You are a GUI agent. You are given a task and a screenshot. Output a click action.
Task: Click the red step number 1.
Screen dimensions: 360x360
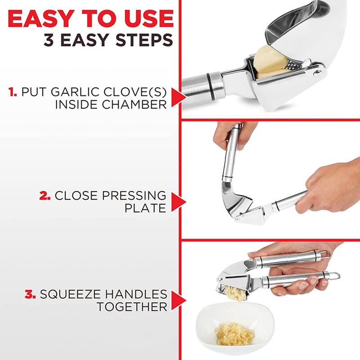[x=13, y=92]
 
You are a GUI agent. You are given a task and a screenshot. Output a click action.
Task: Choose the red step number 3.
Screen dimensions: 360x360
[x=30, y=295]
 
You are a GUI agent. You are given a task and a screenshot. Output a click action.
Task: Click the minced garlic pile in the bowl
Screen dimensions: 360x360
[x=234, y=333]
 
